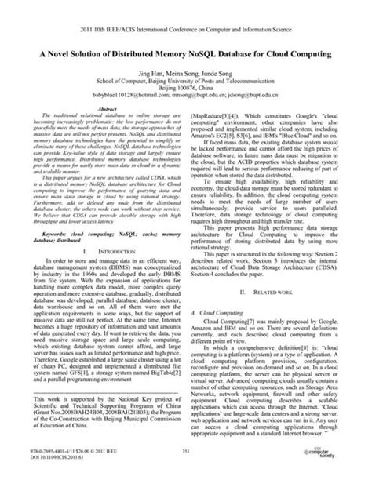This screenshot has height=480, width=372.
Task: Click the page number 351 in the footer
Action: (186, 452)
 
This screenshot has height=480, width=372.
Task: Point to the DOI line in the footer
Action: (54, 458)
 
